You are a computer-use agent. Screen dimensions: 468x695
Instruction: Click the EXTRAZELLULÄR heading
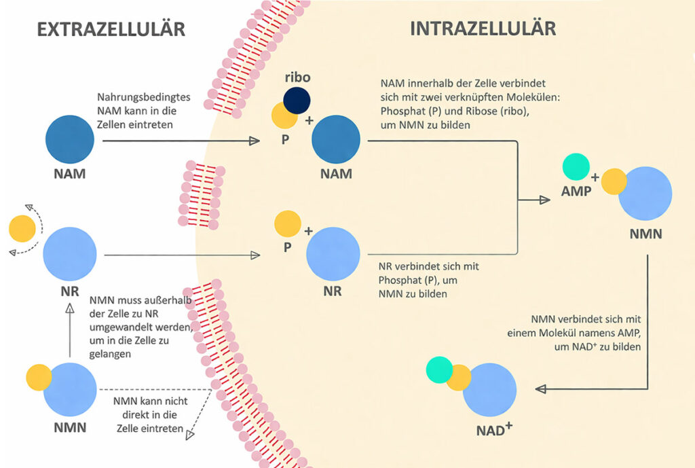[x=111, y=29]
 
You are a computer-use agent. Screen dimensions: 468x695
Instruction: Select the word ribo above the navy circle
[x=297, y=77]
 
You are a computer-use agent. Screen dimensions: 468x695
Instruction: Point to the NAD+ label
[x=494, y=430]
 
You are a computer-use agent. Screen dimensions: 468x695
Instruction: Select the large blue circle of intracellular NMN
[x=645, y=193]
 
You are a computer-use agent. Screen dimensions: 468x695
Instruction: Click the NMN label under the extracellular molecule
[x=71, y=428]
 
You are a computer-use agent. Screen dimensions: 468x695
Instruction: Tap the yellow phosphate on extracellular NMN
[x=39, y=377]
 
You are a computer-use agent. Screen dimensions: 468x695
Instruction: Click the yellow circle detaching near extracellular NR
[x=22, y=229]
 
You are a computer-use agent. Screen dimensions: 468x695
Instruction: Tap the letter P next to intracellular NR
[x=288, y=247]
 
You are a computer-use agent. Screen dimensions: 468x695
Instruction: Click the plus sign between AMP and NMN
[x=595, y=177]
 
